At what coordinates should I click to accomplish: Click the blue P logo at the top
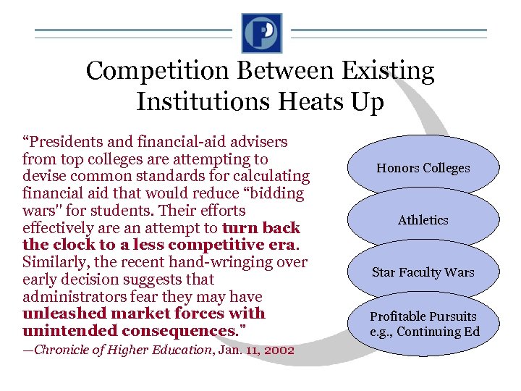click(261, 33)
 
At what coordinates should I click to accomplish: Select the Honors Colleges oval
click(423, 168)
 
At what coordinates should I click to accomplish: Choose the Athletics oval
click(423, 220)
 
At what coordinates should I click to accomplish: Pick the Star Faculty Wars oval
click(423, 272)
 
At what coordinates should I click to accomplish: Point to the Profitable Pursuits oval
click(423, 324)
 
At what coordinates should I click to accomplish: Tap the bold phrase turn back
click(261, 228)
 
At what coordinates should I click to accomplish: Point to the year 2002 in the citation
click(279, 350)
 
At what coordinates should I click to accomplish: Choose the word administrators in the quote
click(69, 297)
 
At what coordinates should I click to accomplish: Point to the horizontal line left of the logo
click(134, 33)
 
